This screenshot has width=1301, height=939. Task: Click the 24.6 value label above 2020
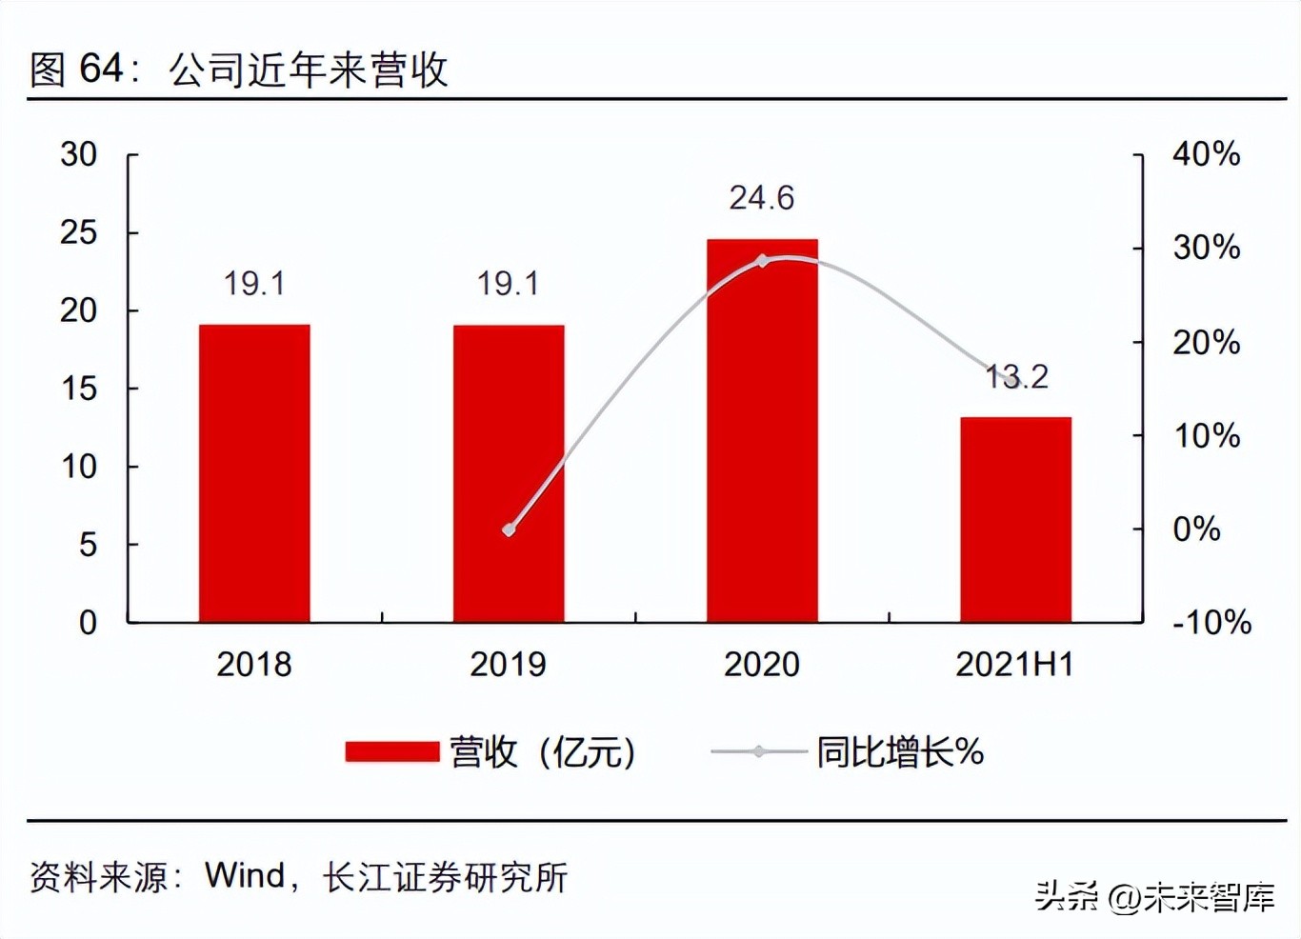[x=762, y=198]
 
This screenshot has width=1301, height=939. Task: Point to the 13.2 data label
[x=1016, y=377]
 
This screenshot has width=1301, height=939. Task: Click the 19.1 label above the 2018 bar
[x=254, y=283]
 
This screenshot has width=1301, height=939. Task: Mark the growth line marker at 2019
[x=509, y=529]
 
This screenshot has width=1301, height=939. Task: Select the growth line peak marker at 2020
[x=762, y=261]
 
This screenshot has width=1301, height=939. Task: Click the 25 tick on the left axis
[x=79, y=232]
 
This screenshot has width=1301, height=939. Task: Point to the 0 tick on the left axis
[x=88, y=623]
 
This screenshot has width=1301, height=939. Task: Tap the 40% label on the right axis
[x=1206, y=154]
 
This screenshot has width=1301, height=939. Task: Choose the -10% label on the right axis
[x=1211, y=623]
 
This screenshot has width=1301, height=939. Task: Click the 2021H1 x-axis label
[x=1015, y=665]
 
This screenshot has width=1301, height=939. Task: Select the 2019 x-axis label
[x=509, y=665]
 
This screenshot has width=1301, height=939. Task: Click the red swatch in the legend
[x=392, y=752]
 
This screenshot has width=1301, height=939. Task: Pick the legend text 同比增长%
[x=900, y=752]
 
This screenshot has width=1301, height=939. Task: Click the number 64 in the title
[x=101, y=69]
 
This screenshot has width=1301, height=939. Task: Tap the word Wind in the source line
[x=245, y=875]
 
